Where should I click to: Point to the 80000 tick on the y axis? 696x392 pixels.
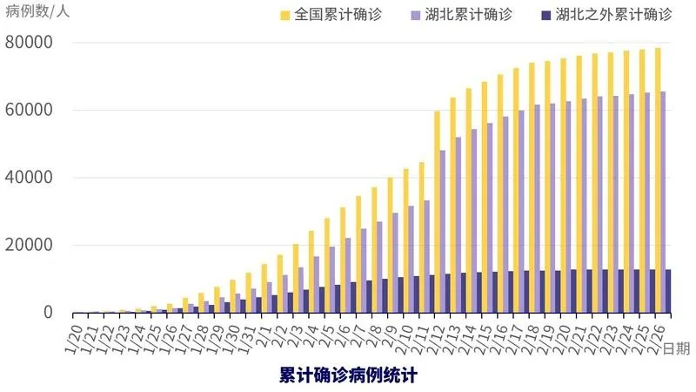pos(29,43)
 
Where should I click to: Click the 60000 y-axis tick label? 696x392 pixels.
pos(29,111)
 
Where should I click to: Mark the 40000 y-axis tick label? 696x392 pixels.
pos(29,178)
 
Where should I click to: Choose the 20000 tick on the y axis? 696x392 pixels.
pos(29,246)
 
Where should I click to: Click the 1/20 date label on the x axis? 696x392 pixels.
pos(74,332)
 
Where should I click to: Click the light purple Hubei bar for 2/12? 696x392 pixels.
pos(443,232)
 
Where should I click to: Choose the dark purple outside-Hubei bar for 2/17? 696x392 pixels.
pos(530,292)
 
